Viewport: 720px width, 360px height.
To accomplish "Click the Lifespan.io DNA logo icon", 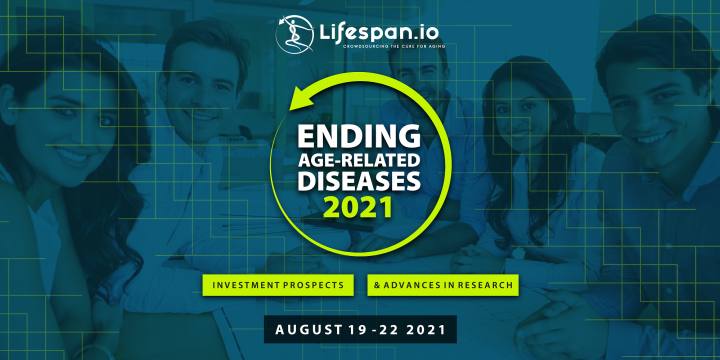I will pyautogui.click(x=294, y=34).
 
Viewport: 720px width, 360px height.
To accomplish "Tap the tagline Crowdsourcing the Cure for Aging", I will pyautogui.click(x=393, y=46).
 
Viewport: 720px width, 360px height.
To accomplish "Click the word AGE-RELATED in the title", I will pyautogui.click(x=359, y=161).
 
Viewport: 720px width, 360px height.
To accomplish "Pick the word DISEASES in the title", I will pyautogui.click(x=359, y=181).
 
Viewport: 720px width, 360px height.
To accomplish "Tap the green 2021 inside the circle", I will pyautogui.click(x=358, y=207).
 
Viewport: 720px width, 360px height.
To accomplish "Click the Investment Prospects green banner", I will pyautogui.click(x=278, y=285).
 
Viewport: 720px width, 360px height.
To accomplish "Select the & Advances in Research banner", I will pyautogui.click(x=443, y=285).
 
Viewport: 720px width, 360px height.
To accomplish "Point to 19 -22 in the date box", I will pyautogui.click(x=370, y=330).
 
